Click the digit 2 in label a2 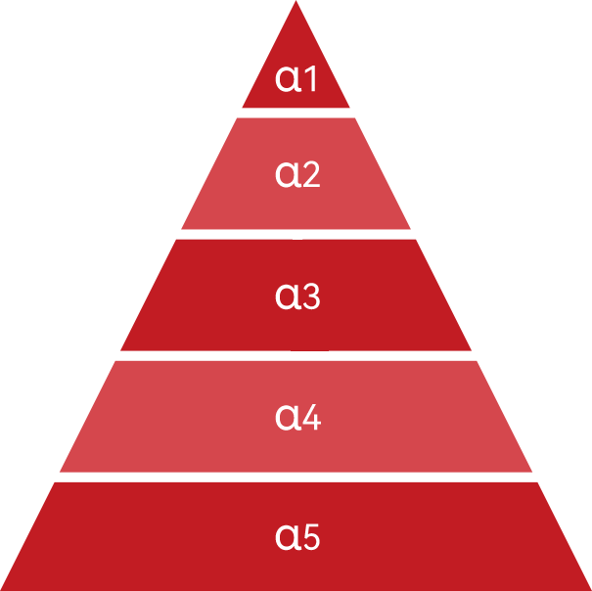tap(310, 174)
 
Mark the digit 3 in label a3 tap(311, 295)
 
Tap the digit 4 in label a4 tap(311, 417)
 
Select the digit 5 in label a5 tap(311, 537)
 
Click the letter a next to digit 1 tap(288, 79)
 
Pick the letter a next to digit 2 tap(287, 175)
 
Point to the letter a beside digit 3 tap(287, 296)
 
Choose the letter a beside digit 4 tap(287, 418)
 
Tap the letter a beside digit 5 tap(287, 538)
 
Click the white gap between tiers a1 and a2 tap(296, 113)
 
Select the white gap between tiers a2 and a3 tap(296, 234)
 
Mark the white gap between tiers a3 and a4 tap(296, 355)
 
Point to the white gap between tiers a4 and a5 tap(296, 477)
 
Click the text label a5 tap(298, 537)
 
